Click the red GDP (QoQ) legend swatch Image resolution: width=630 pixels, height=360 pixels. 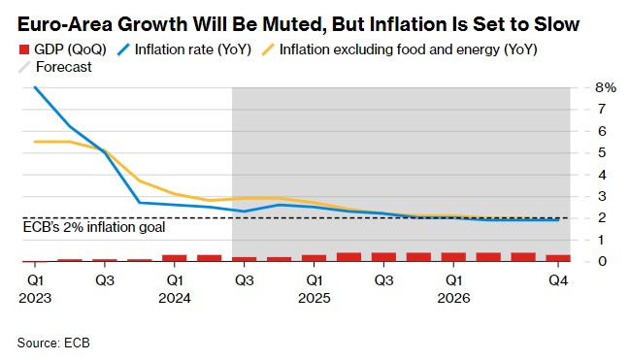coord(24,49)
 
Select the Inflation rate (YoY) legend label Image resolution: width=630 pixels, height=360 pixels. coord(193,49)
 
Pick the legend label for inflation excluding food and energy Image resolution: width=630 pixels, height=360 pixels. coord(409,49)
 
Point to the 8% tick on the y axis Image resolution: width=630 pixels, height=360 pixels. coord(606,87)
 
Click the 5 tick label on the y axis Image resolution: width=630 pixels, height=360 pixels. coord(602,152)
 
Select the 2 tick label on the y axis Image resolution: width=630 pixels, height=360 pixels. coord(602,217)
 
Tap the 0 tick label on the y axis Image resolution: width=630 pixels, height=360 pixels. coord(602,261)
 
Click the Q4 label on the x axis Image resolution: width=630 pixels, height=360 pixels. coord(558,280)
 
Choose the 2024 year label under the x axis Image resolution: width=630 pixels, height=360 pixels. coord(175,298)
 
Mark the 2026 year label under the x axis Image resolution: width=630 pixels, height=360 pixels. coord(453,298)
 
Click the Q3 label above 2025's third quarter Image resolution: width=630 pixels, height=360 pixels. coord(383,280)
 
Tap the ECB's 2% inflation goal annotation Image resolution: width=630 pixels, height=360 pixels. coord(94,227)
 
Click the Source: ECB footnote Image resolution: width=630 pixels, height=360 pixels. coord(53,343)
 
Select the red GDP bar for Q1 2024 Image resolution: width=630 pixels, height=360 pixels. coord(175,258)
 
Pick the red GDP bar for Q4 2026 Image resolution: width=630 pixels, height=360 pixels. coord(558,258)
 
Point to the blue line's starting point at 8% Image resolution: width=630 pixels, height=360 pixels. coord(35,87)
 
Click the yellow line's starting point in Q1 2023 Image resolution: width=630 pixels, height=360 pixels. coord(35,142)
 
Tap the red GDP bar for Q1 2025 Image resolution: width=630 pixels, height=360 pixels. coord(314,258)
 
